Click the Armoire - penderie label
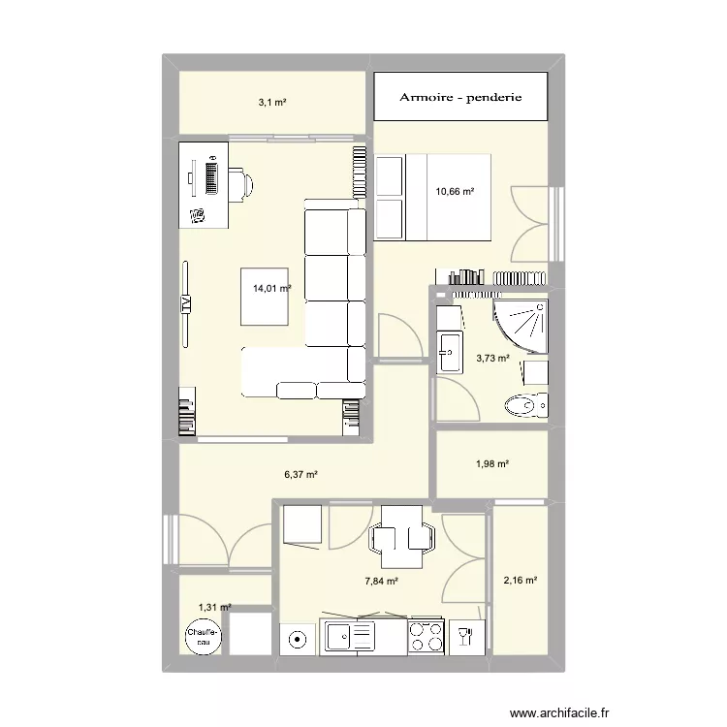(461, 97)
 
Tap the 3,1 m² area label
(272, 101)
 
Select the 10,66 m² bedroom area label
(455, 192)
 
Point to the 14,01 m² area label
(272, 288)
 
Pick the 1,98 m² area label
(492, 463)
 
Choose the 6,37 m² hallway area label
(301, 475)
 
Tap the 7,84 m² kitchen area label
(381, 582)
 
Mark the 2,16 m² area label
(520, 581)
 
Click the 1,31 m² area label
(215, 608)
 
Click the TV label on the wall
(184, 303)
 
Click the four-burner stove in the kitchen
(424, 637)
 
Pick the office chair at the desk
(241, 181)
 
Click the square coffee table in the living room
(265, 297)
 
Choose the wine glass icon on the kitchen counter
(465, 637)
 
